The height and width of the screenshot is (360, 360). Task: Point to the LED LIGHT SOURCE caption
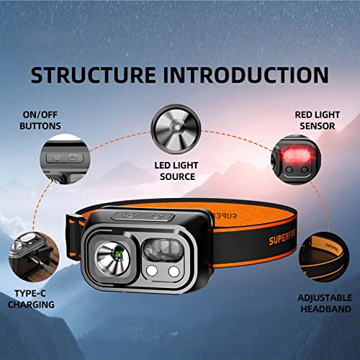pyautogui.click(x=176, y=170)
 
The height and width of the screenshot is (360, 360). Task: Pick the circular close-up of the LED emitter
pyautogui.click(x=176, y=128)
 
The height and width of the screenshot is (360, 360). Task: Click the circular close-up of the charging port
pyautogui.click(x=30, y=252)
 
